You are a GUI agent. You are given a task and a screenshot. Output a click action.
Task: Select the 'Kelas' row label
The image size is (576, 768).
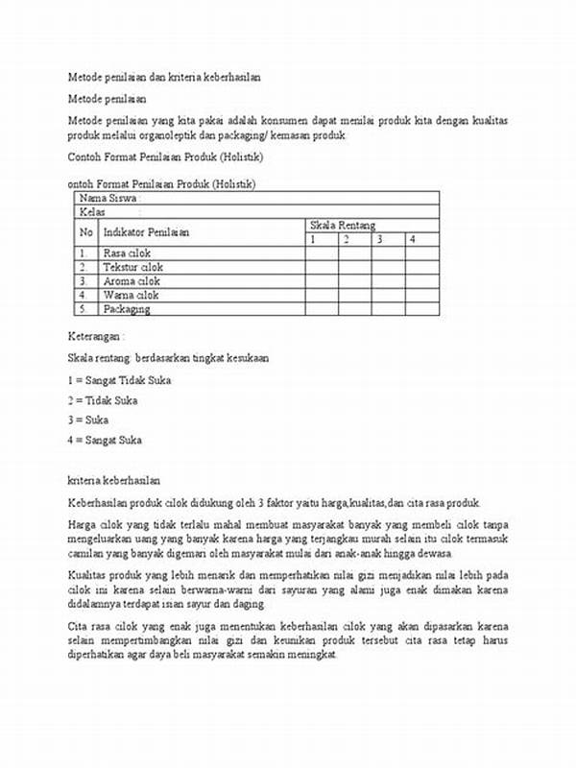(94, 211)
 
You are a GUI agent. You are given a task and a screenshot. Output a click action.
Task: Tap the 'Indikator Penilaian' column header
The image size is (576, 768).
(146, 232)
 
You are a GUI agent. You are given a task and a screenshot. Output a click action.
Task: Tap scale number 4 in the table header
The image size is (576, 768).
(411, 238)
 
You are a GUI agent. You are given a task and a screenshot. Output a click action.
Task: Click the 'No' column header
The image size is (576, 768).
(86, 232)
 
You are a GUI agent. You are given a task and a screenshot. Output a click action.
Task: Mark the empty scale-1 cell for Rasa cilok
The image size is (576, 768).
(321, 252)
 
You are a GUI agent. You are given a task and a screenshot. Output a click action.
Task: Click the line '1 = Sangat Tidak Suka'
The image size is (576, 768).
(119, 380)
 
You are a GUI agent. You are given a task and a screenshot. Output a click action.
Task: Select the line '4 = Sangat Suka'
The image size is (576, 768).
(105, 440)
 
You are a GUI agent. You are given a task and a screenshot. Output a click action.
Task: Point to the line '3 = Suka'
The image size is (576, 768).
(87, 420)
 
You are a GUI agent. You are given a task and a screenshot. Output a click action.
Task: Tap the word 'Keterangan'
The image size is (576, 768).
(94, 337)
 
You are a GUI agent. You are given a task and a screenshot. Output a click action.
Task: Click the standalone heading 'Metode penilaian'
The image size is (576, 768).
(107, 99)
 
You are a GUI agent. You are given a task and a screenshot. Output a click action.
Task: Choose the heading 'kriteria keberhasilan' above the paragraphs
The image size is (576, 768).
(113, 478)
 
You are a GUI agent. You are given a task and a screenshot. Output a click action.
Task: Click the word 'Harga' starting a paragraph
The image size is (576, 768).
(83, 524)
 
